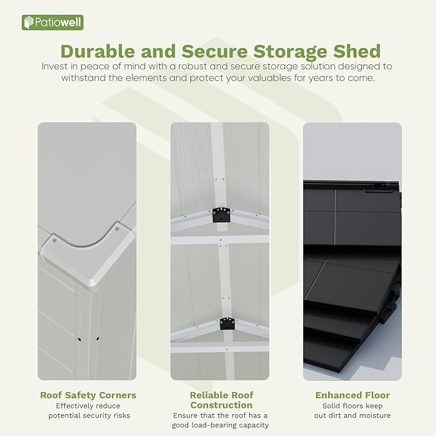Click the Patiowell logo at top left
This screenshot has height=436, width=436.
click(53, 22)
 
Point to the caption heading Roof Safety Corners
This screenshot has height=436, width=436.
click(88, 395)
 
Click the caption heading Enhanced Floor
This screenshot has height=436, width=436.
click(353, 395)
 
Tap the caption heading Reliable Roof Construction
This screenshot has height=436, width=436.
click(221, 400)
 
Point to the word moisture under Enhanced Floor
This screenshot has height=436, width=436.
click(371, 415)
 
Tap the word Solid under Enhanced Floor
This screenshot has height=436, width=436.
click(332, 406)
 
